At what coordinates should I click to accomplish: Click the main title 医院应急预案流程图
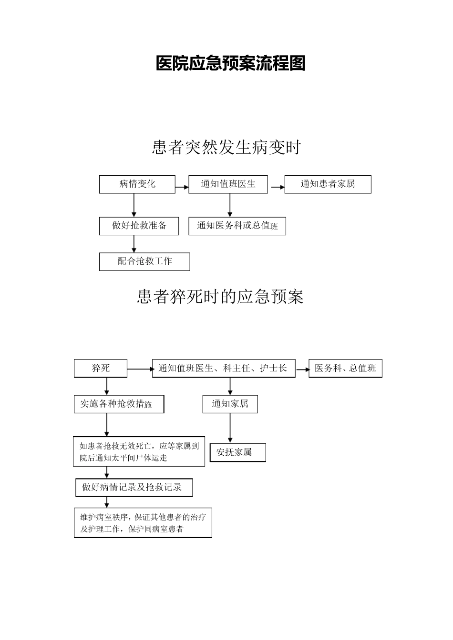click(x=230, y=63)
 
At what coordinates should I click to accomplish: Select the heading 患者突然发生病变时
click(x=226, y=148)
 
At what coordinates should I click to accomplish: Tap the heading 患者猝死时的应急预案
click(x=220, y=297)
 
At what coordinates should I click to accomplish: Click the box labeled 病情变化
click(x=137, y=184)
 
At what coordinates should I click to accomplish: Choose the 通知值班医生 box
click(x=228, y=184)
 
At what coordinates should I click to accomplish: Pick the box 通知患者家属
click(x=328, y=184)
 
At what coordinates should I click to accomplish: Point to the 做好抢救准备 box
click(x=139, y=226)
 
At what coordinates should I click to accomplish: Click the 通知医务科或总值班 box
click(x=237, y=226)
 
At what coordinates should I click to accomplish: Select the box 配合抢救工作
click(x=144, y=261)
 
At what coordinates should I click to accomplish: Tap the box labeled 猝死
click(x=101, y=368)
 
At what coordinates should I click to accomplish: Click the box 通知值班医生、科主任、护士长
click(x=224, y=368)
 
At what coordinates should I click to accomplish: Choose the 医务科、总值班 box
click(x=345, y=368)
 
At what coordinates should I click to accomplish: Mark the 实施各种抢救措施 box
click(x=119, y=404)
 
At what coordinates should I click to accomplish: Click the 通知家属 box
click(x=230, y=404)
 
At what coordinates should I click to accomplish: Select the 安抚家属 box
click(x=237, y=452)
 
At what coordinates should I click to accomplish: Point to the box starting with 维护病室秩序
click(x=143, y=523)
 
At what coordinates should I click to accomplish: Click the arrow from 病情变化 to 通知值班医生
click(x=182, y=188)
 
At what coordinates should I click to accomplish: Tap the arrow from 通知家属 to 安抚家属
click(x=230, y=428)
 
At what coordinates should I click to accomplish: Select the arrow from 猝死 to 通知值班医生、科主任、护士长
click(x=139, y=369)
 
